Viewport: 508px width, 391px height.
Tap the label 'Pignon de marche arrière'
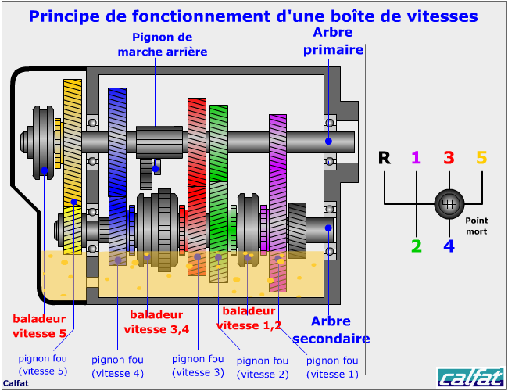pyautogui.click(x=162, y=45)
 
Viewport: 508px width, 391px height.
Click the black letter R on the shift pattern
pyautogui.click(x=384, y=158)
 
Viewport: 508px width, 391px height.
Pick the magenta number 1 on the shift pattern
pyautogui.click(x=416, y=158)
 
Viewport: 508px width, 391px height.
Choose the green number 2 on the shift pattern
pyautogui.click(x=416, y=246)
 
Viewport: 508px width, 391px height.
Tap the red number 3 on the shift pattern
pyautogui.click(x=449, y=158)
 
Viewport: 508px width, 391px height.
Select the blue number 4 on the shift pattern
pyautogui.click(x=449, y=246)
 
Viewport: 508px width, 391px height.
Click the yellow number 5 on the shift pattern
pyautogui.click(x=481, y=158)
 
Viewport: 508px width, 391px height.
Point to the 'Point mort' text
pyautogui.click(x=476, y=226)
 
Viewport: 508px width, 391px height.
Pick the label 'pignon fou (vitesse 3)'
pyautogui.click(x=198, y=365)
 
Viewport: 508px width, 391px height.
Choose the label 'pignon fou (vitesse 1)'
pyautogui.click(x=332, y=367)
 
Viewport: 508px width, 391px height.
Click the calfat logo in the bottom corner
pyautogui.click(x=470, y=377)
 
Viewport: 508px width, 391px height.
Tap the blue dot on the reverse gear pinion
pyautogui.click(x=156, y=168)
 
